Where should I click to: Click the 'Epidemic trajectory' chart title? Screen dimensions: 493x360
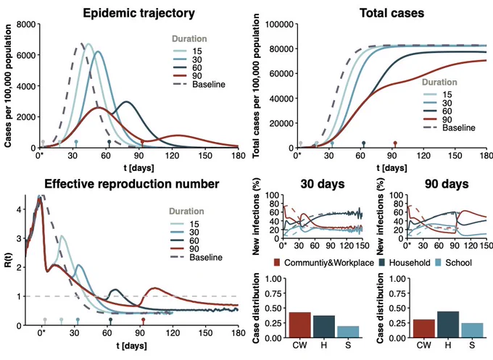coord(138,13)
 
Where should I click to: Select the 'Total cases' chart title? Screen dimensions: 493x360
coord(391,13)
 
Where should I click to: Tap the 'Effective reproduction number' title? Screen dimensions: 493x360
coord(131,184)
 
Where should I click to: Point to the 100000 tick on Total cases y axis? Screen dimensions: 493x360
coord(280,25)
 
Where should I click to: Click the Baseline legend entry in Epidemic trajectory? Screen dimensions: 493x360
coord(199,84)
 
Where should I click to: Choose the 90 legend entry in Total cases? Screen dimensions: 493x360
coord(438,120)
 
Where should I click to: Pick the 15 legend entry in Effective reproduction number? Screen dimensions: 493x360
coord(185,224)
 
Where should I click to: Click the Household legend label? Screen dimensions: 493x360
coord(405,263)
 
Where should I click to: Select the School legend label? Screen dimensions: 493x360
coord(453,263)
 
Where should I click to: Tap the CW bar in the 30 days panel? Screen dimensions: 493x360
coord(300,325)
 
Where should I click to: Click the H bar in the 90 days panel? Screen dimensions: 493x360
coord(448,325)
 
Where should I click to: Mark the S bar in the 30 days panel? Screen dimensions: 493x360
coord(348,332)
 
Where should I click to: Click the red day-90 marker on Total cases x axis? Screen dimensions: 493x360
coord(395,144)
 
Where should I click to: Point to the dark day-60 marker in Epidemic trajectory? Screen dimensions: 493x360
coord(109,143)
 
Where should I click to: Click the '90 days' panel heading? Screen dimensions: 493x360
coord(447,184)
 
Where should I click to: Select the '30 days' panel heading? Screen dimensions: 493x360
coord(323,184)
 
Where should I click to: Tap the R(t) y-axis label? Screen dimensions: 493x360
coord(8,259)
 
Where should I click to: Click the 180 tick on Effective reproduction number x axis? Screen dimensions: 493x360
coord(238,333)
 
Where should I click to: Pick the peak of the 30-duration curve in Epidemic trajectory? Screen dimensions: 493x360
coord(99,51)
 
